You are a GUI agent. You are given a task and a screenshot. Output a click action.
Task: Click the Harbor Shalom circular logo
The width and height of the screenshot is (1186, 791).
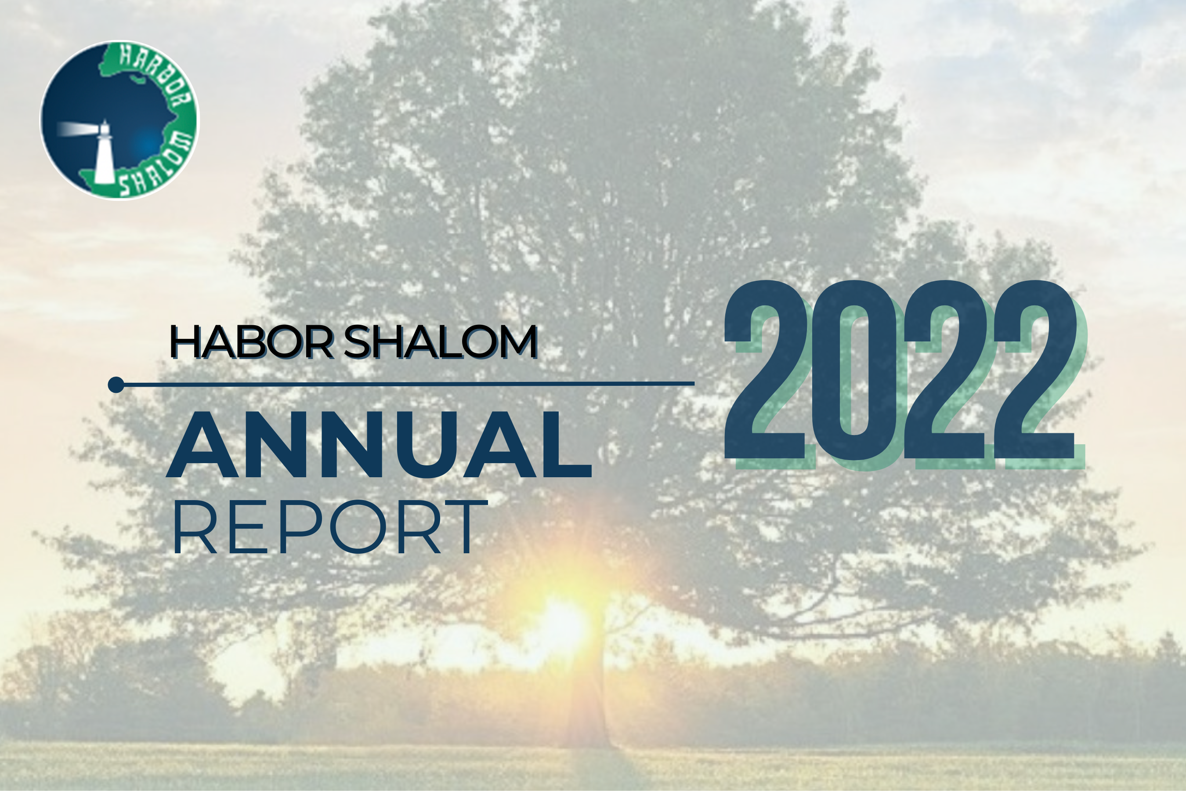coord(120,120)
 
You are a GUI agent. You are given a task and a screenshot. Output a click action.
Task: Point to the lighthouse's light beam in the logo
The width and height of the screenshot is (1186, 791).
coord(76,129)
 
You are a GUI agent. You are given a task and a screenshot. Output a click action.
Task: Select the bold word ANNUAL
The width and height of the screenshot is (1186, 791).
coord(379,444)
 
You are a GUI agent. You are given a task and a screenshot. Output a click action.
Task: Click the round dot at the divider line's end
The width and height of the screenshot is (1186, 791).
coord(116,385)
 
